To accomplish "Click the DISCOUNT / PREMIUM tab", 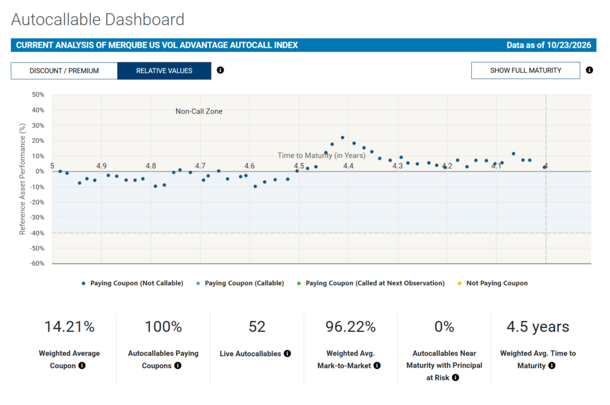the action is [x=64, y=71].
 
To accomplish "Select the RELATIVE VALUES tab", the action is [x=164, y=71].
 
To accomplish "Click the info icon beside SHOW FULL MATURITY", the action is [x=589, y=70].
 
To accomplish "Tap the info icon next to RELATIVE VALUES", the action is [x=220, y=70].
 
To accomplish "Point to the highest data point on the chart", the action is [x=343, y=138].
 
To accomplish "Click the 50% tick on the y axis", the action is [x=38, y=95].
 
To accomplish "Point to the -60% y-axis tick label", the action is [x=38, y=263].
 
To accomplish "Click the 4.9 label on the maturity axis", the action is [x=101, y=166].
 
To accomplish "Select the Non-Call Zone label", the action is [x=199, y=111].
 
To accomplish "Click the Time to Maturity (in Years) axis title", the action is [x=321, y=155].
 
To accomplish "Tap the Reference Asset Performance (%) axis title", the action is [x=22, y=179].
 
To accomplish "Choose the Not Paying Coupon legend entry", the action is [x=493, y=283].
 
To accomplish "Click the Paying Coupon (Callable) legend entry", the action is [x=240, y=283].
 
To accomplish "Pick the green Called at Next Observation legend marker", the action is [x=299, y=283].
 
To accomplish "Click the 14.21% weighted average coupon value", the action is [x=69, y=327].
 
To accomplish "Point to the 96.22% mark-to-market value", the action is [x=350, y=327].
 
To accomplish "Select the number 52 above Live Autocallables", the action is [x=257, y=327].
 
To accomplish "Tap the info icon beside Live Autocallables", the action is [x=287, y=353].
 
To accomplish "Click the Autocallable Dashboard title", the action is [x=98, y=20].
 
